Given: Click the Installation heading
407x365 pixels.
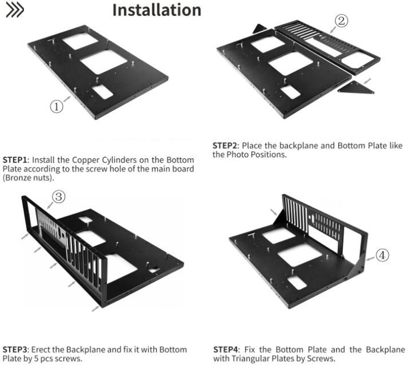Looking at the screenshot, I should [157, 10].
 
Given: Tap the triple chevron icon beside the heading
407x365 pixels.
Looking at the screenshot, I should [15, 10].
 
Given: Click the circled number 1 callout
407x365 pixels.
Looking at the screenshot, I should [56, 107].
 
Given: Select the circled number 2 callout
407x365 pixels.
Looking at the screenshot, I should [341, 21].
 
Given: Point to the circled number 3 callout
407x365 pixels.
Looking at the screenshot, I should [59, 197].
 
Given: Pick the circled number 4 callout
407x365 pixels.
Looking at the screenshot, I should [382, 255].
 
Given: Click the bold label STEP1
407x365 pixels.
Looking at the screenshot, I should [16, 160].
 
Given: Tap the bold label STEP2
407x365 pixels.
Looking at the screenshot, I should [226, 146].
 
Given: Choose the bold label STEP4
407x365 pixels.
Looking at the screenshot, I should [226, 350].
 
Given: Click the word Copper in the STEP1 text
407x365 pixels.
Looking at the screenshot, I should [86, 160].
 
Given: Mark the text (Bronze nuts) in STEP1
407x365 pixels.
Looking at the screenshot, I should [28, 178].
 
